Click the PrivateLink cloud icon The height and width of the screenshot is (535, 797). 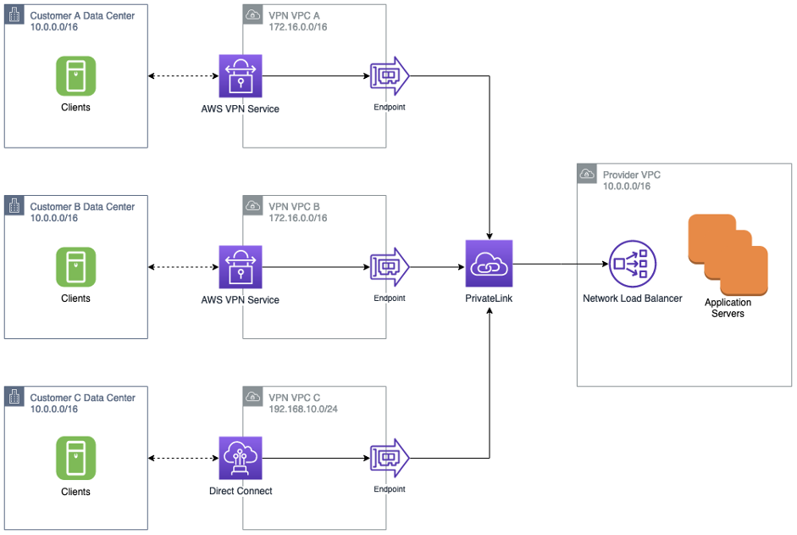489,265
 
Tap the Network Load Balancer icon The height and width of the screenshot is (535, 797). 632,265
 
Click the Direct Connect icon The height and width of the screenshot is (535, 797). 241,459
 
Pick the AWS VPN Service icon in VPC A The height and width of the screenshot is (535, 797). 241,77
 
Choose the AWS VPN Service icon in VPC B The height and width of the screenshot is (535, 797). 241,268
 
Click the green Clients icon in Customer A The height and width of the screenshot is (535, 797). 75,76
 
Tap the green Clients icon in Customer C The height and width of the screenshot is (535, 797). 75,458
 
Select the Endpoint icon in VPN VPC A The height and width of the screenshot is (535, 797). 390,77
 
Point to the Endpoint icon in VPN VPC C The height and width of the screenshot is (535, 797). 390,459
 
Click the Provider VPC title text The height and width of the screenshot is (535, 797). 631,176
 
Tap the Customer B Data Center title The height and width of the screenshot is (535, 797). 82,207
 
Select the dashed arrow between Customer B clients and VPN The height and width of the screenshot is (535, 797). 183,268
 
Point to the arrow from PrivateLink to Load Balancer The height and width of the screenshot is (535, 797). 559,265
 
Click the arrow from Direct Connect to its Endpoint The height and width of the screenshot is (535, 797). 315,459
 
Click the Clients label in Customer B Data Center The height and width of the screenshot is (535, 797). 75,298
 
